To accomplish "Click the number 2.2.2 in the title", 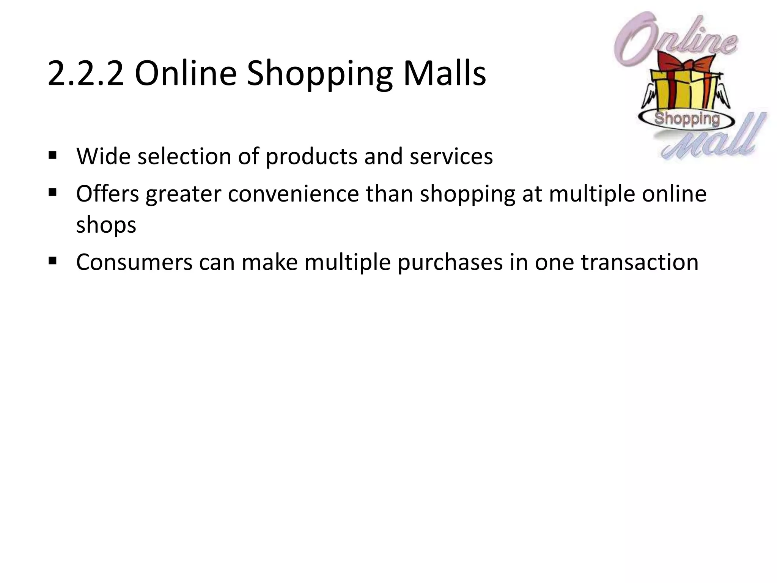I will (x=86, y=73).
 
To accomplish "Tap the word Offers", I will (x=108, y=194).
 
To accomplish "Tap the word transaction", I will (x=640, y=262).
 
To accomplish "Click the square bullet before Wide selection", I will (x=53, y=155).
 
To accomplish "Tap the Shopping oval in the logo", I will (x=687, y=119).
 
